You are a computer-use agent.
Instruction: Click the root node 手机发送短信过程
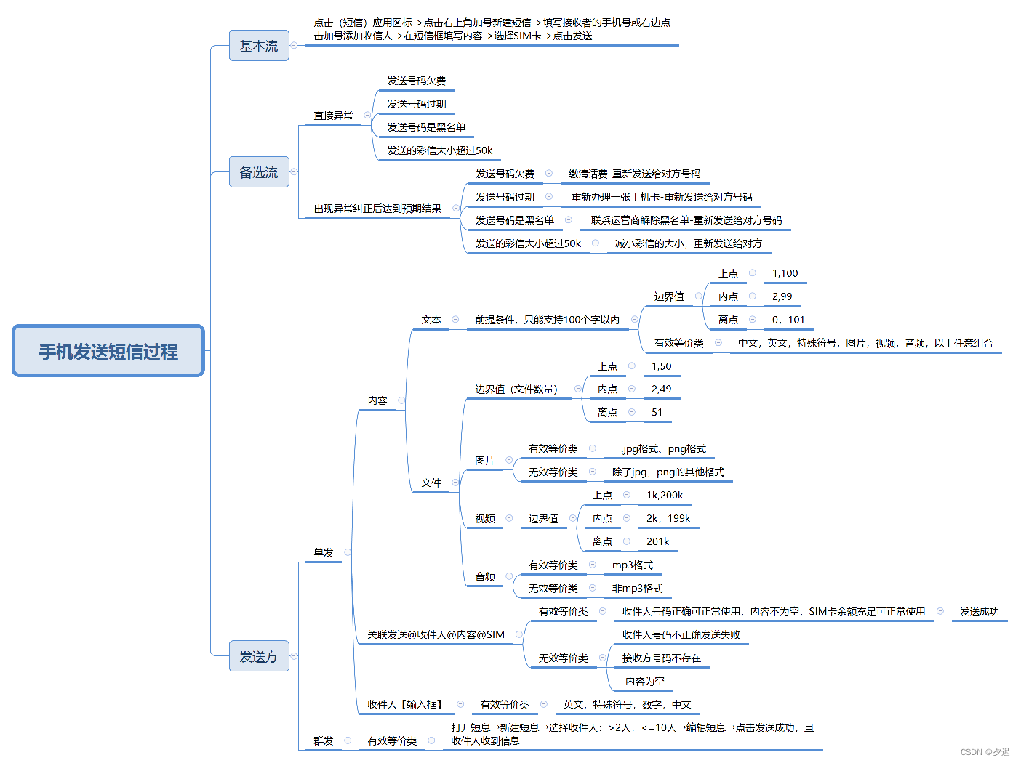108,352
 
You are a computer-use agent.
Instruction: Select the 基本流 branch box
259,46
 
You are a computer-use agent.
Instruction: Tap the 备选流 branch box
259,172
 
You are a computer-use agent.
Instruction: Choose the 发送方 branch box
259,656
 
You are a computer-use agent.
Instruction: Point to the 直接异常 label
333,116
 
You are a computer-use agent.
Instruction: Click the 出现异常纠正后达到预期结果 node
377,209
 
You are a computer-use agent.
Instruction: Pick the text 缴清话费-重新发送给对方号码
634,174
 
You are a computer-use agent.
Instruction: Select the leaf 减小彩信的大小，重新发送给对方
688,243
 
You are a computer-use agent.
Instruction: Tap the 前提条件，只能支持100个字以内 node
547,320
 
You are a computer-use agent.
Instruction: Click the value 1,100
785,273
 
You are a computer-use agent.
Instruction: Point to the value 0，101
788,320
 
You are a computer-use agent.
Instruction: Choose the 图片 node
484,461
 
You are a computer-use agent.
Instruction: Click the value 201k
657,541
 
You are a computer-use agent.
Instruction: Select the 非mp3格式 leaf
637,588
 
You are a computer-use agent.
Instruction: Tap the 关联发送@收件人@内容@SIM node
436,634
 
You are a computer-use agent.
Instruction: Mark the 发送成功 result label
979,611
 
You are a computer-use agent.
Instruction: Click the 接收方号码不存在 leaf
662,658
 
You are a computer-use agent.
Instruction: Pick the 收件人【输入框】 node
405,704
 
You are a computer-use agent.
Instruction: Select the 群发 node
323,740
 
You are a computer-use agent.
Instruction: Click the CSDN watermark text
985,752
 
